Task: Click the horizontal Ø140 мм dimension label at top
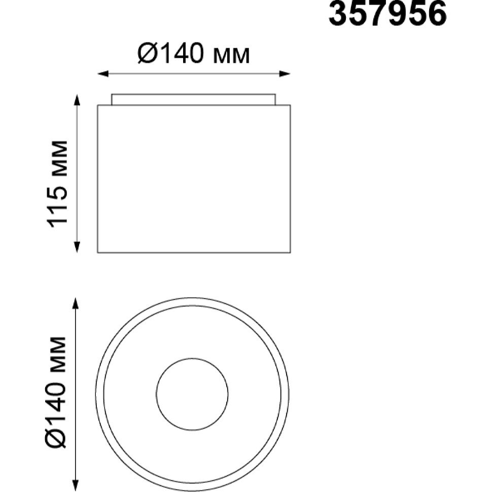tap(194, 53)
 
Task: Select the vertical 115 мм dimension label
tap(57, 184)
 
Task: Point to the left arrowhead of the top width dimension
tap(103, 74)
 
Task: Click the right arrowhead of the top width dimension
tap(285, 74)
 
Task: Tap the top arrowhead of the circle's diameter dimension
tap(75, 303)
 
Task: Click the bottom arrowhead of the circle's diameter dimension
tap(75, 485)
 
